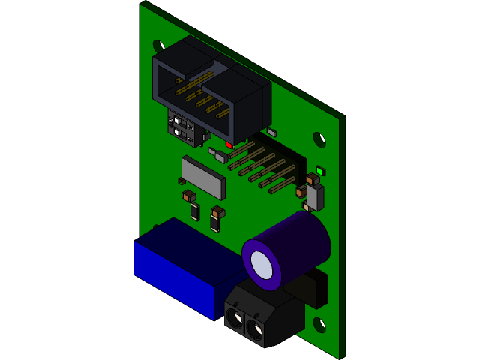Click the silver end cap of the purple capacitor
(x=262, y=265)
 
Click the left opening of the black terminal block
(x=235, y=318)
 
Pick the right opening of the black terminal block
(x=255, y=329)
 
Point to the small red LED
(x=229, y=145)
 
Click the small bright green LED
(x=320, y=171)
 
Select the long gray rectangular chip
(x=203, y=176)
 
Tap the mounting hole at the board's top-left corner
(x=158, y=46)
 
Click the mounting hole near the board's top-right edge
(x=319, y=139)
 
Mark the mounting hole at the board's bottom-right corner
(x=319, y=325)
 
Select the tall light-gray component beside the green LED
(x=316, y=196)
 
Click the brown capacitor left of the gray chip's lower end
(x=188, y=196)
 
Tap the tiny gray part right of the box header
(x=271, y=133)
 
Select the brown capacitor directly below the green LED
(x=313, y=179)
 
